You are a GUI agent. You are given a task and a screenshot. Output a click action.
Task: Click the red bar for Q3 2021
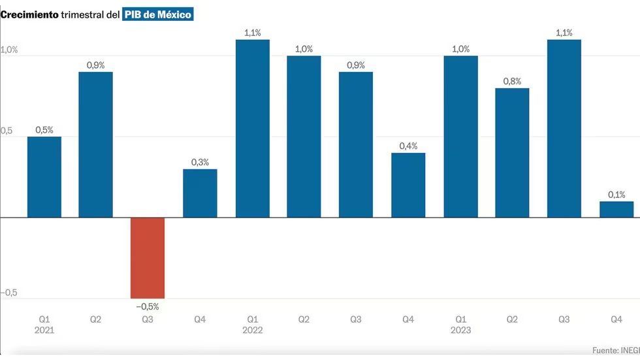click(148, 258)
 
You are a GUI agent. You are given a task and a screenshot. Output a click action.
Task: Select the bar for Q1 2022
click(252, 129)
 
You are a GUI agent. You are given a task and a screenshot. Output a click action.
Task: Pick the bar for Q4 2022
click(408, 185)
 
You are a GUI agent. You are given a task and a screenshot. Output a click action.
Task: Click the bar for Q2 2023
click(512, 153)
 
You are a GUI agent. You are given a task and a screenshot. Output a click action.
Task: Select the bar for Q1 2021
click(44, 177)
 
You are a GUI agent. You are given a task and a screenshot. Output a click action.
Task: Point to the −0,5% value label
click(148, 306)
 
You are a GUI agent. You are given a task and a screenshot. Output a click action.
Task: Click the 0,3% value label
click(200, 162)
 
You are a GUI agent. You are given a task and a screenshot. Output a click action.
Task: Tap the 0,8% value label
click(512, 81)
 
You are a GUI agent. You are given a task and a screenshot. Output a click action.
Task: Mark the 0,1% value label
click(616, 194)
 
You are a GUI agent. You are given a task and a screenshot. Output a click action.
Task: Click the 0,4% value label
click(408, 146)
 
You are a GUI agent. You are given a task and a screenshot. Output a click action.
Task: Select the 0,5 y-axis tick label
click(7, 131)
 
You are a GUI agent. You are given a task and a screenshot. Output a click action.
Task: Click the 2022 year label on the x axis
click(252, 330)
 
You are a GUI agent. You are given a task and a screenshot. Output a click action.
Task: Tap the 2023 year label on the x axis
click(460, 330)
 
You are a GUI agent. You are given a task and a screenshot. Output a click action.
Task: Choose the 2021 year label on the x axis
click(44, 330)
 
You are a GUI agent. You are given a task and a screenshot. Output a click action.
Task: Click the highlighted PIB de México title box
click(158, 14)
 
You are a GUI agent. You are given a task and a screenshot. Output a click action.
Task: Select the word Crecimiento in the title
click(29, 14)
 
